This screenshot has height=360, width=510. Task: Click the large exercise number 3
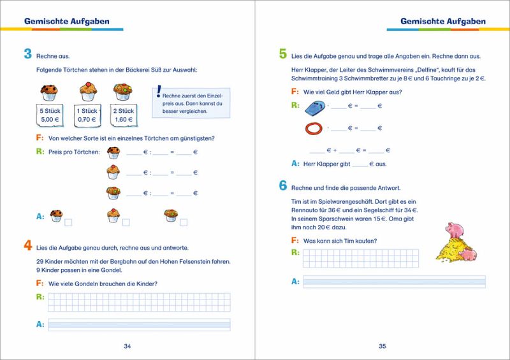coord(27,55)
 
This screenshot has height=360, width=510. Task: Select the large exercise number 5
coord(282,55)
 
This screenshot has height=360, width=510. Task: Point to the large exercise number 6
coord(282,187)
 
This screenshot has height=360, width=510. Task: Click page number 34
coord(127,346)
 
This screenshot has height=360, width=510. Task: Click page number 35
coord(382,346)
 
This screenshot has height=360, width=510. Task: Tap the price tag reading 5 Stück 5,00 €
coord(49,115)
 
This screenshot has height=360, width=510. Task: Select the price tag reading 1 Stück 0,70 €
coord(87,115)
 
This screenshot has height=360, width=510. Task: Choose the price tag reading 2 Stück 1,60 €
coord(123,115)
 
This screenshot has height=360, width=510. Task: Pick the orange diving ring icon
coord(314,128)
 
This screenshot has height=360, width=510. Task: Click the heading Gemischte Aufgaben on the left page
coord(67,22)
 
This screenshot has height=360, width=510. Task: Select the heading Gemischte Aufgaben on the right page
coord(442,22)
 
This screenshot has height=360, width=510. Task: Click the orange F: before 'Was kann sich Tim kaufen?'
coord(295,240)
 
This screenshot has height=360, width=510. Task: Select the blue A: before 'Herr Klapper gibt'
coord(295,164)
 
